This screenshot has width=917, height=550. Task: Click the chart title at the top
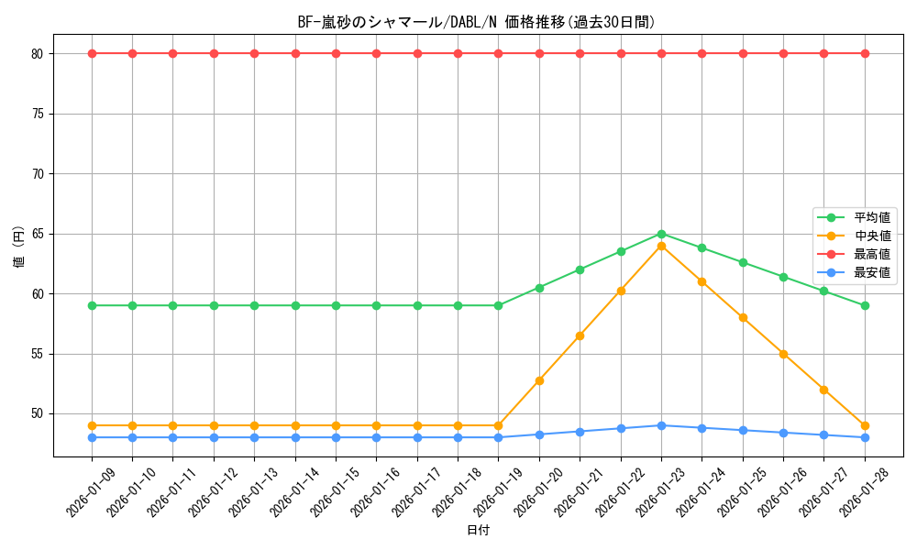[477, 22]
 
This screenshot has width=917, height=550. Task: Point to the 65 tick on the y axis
[37, 234]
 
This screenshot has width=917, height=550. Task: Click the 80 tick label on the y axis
[37, 54]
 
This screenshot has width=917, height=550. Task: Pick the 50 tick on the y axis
[37, 414]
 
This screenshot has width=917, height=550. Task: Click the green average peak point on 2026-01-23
[661, 234]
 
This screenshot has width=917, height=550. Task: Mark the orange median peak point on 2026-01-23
[661, 246]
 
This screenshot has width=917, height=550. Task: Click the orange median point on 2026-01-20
[539, 380]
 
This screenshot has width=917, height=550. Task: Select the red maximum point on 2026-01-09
[92, 53]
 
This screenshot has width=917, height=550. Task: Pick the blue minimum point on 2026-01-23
[661, 425]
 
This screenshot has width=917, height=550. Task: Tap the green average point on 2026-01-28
[865, 305]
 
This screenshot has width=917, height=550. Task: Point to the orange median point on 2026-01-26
[783, 354]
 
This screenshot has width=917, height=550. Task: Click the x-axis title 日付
[478, 531]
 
